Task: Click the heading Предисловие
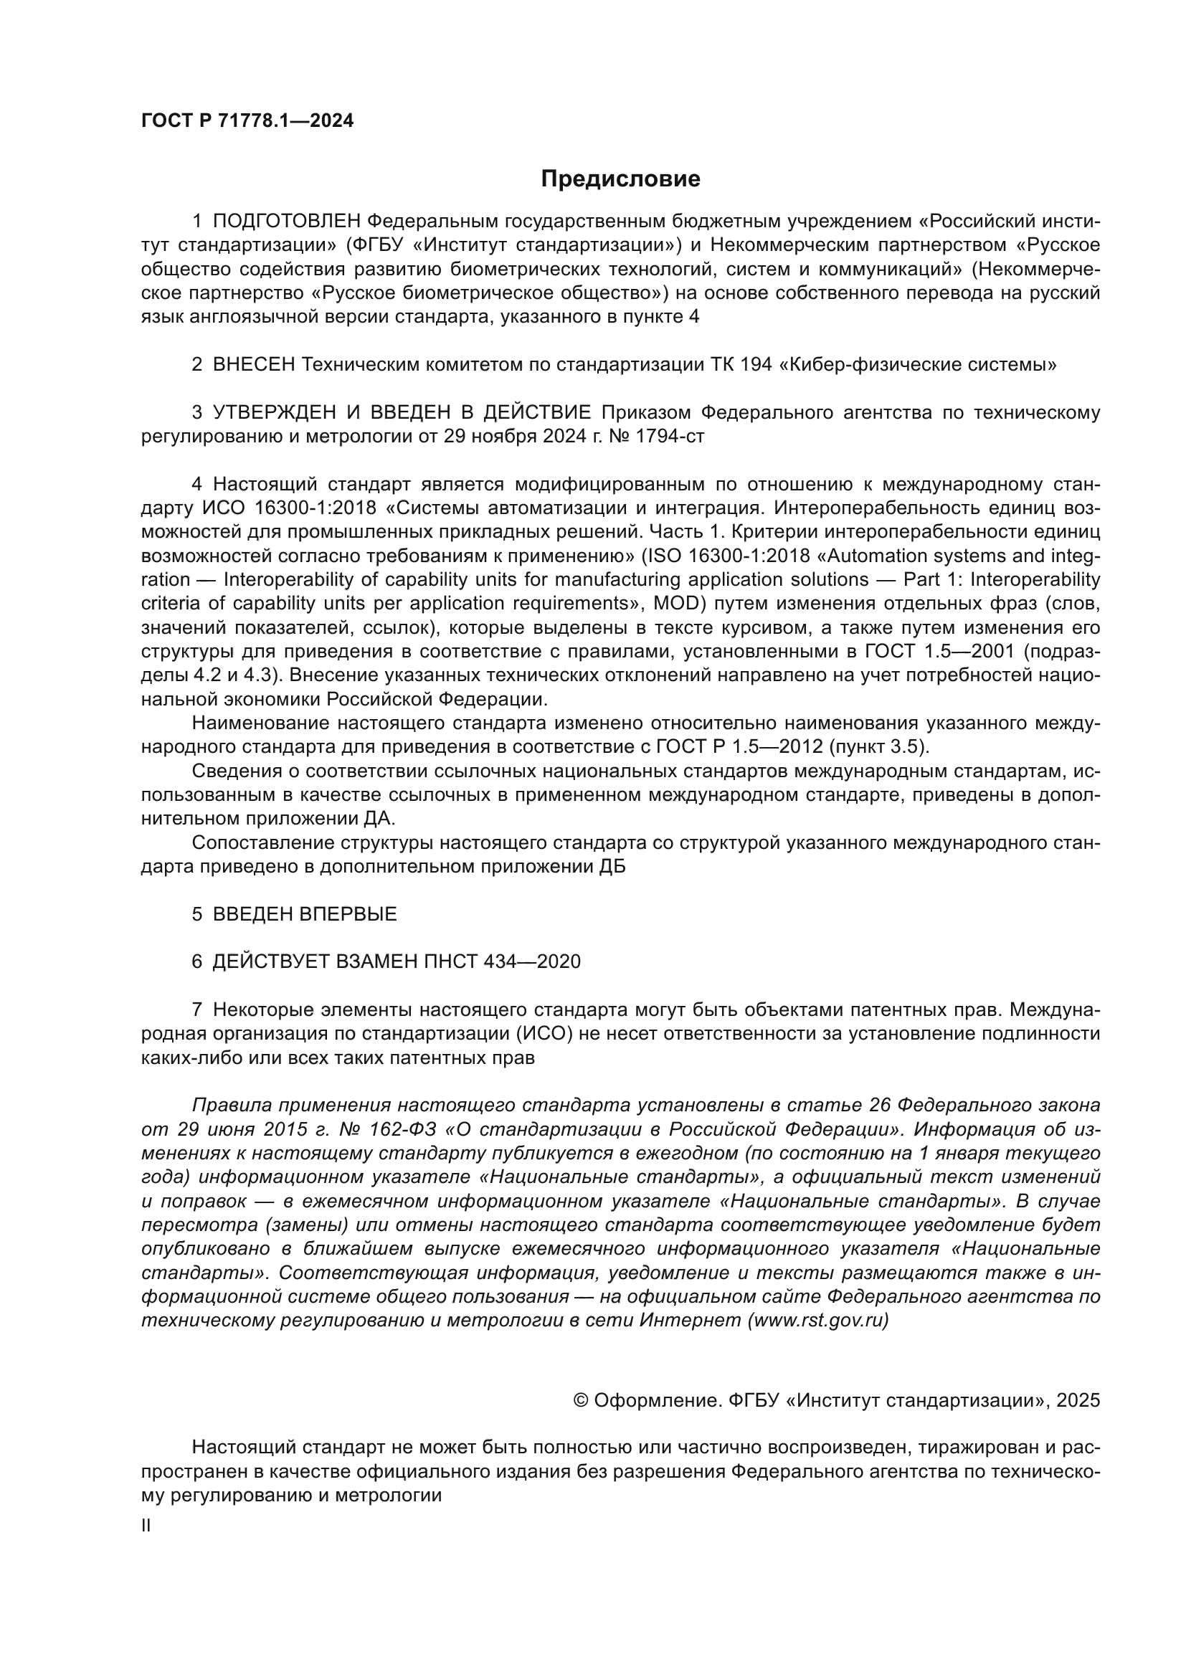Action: (620, 179)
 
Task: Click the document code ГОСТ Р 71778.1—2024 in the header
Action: (247, 121)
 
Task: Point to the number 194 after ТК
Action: (756, 364)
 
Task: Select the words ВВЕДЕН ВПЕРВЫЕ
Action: (305, 914)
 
